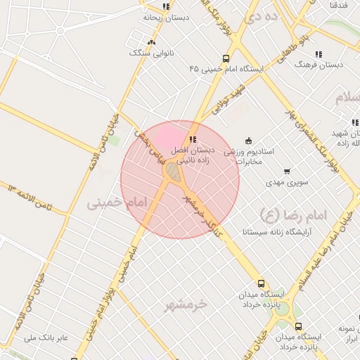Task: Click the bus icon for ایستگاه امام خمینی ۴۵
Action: point(226,59)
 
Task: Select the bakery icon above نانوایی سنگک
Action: point(151,42)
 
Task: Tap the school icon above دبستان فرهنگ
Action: point(319,54)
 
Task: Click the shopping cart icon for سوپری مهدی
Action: point(287,171)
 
